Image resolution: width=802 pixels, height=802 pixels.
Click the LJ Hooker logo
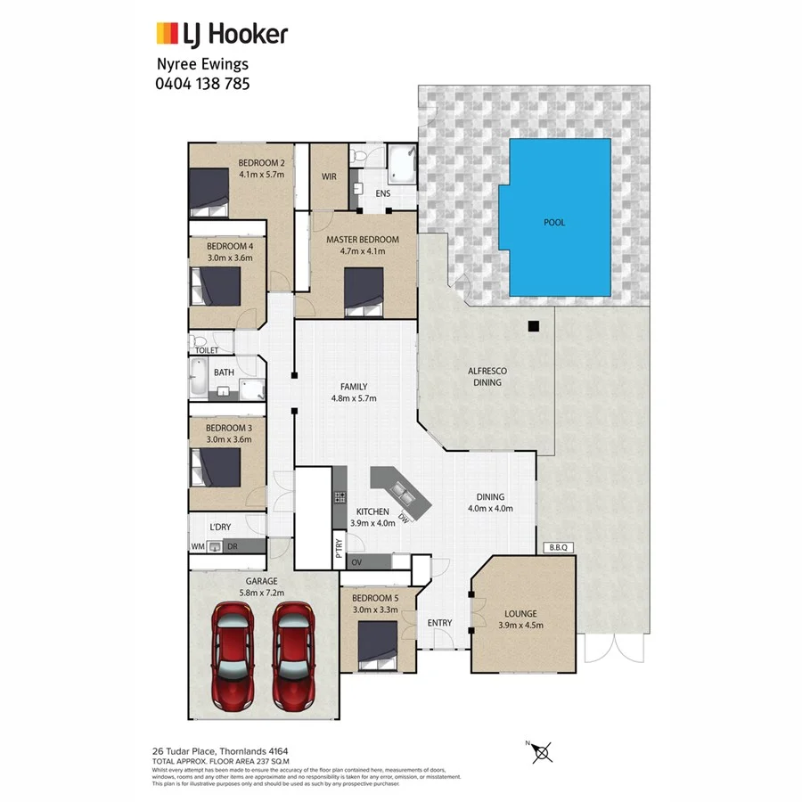click(222, 35)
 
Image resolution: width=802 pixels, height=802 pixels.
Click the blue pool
click(554, 220)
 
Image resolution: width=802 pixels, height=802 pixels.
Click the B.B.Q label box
click(560, 548)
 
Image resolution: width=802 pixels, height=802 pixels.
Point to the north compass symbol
click(539, 754)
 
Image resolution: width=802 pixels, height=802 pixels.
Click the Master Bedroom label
click(362, 240)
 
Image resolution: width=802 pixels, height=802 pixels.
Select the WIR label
click(328, 176)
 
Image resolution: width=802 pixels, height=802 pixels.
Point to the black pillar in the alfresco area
click(532, 326)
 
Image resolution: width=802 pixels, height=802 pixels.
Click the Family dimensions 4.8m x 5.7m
click(353, 398)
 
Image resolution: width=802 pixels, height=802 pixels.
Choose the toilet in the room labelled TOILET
click(200, 344)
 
